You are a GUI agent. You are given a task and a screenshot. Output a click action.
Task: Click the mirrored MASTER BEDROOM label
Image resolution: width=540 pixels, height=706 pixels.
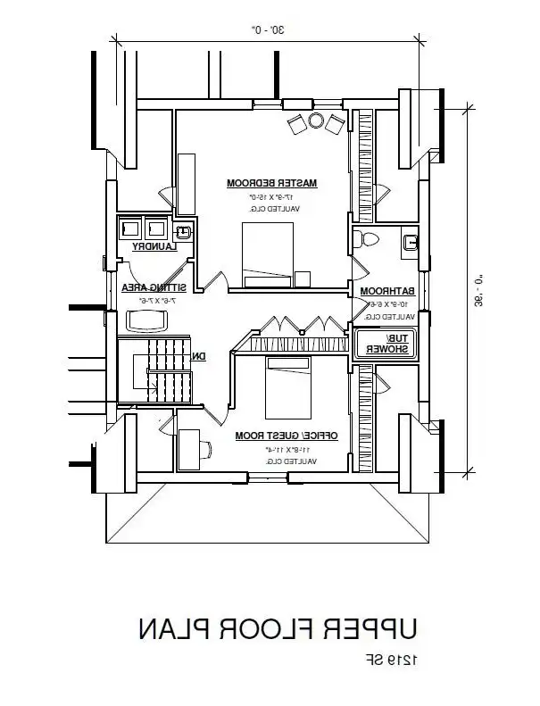click(x=272, y=183)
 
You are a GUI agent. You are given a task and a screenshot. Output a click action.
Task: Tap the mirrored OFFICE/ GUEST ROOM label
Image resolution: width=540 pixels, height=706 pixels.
click(x=286, y=436)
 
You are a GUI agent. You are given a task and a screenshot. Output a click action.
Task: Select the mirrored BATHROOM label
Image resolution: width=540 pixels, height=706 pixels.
click(x=388, y=291)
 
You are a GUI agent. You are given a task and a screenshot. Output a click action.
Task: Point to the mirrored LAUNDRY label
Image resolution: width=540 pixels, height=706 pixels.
click(x=153, y=245)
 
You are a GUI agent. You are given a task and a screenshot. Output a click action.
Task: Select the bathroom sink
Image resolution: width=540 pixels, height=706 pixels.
click(x=411, y=241)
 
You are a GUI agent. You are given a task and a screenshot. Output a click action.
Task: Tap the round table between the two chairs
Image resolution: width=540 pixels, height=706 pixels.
click(x=315, y=120)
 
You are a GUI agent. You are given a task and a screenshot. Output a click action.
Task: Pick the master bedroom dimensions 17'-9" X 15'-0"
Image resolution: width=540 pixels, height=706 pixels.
click(x=272, y=196)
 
